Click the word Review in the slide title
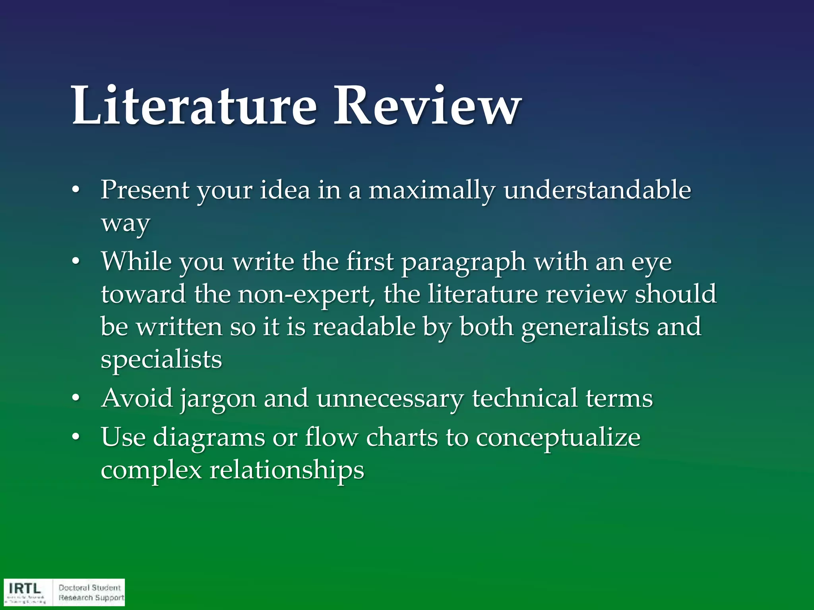(x=427, y=106)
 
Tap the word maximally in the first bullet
(x=432, y=190)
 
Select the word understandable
(x=597, y=190)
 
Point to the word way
(x=125, y=223)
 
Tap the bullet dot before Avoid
(x=76, y=398)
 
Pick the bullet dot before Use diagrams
(x=76, y=437)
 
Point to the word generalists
(x=585, y=327)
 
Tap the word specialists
(x=161, y=360)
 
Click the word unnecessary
(x=390, y=398)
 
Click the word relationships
(x=287, y=471)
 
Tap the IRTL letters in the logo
(x=25, y=588)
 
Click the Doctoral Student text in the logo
(x=89, y=587)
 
